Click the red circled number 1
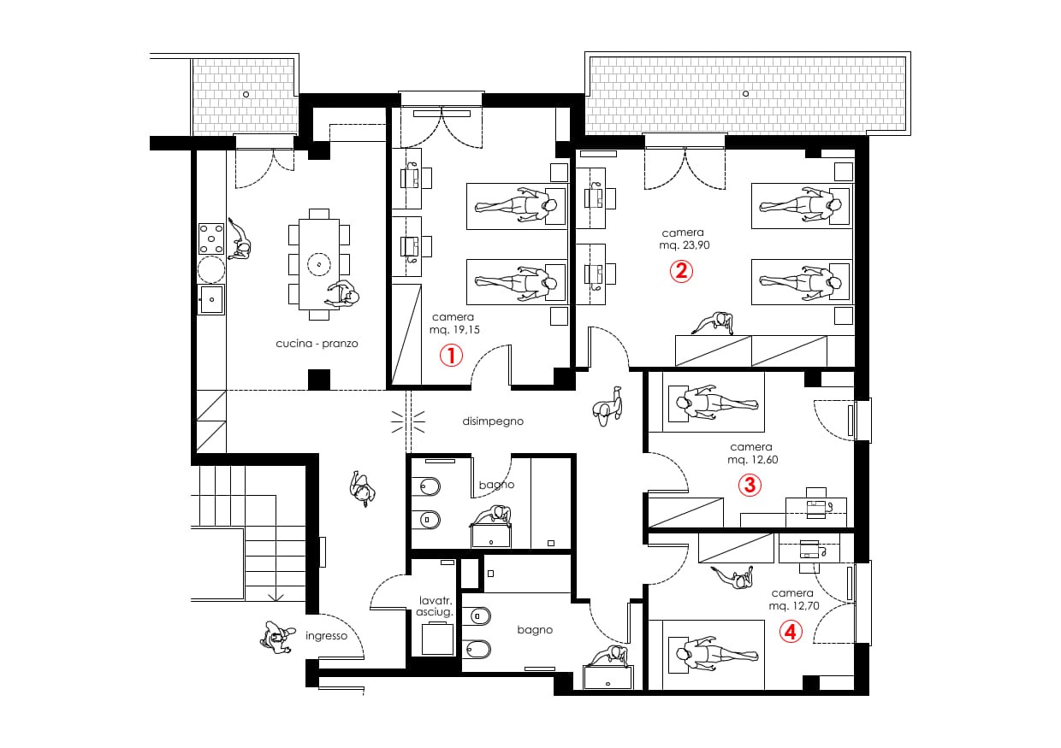[x=451, y=356]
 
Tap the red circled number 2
[x=681, y=271]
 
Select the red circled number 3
[x=750, y=485]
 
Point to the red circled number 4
[x=791, y=632]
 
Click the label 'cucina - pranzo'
[x=317, y=344]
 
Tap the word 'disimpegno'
[x=493, y=421]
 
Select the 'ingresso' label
[x=326, y=636]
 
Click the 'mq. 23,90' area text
[x=685, y=245]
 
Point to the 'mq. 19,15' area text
[x=454, y=329]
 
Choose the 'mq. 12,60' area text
[x=753, y=459]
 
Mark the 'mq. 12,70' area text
[x=794, y=605]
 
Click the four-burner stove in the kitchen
[x=211, y=239]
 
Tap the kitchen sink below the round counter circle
[x=211, y=299]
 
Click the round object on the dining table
[x=319, y=264]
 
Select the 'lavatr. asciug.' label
[x=435, y=606]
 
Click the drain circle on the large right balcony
[x=745, y=94]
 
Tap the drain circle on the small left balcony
[x=246, y=95]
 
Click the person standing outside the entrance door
[x=277, y=637]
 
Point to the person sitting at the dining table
[x=342, y=295]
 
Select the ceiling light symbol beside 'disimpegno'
[x=408, y=421]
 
